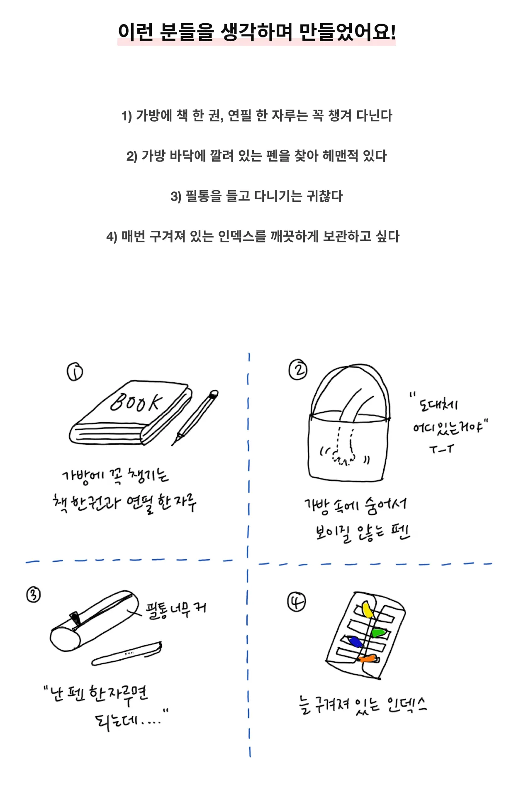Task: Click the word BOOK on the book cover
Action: point(136,402)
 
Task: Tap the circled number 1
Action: point(75,372)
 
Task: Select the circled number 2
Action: point(298,370)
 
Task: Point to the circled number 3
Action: point(34,595)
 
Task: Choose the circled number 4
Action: point(296,602)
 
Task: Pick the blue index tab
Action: point(356,642)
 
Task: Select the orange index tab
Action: point(368,658)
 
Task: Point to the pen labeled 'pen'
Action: point(127,654)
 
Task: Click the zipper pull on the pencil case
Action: point(75,618)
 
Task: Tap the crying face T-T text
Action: point(441,449)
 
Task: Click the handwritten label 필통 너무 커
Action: point(176,609)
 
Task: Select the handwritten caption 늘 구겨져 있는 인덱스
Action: point(362,705)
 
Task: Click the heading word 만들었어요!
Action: point(347,32)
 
